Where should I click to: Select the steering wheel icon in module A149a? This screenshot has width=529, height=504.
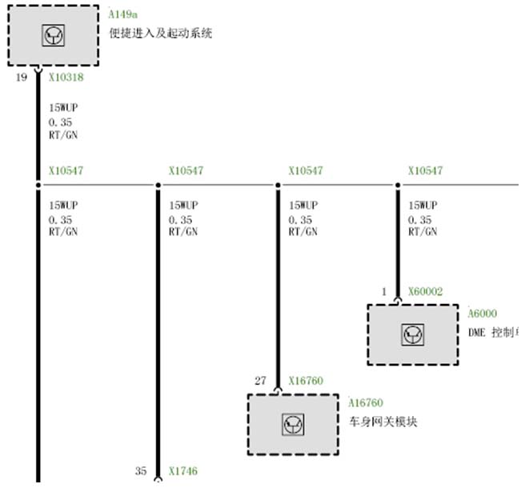point(54,34)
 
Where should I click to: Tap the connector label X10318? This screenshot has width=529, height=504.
point(66,78)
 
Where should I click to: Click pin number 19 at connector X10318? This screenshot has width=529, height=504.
point(22,78)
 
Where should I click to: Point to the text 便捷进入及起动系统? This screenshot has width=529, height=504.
point(160,34)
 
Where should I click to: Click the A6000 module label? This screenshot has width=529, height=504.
point(483,314)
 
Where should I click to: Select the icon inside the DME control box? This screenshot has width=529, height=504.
point(413,334)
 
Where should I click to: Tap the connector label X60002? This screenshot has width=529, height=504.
point(425,292)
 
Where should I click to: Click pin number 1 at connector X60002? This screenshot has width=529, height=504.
point(383,292)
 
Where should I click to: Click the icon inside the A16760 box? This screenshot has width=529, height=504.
point(293,425)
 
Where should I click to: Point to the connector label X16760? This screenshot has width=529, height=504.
point(306,381)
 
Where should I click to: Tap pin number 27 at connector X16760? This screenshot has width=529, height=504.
point(260,381)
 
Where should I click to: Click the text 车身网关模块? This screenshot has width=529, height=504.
point(383,422)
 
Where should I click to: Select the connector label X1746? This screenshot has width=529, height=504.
point(182,471)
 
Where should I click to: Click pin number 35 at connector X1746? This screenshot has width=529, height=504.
point(141,471)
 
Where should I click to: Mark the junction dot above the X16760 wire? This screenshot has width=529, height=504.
point(278,186)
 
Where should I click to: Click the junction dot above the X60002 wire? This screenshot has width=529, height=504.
point(398,186)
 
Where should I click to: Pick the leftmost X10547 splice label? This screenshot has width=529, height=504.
point(66,170)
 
